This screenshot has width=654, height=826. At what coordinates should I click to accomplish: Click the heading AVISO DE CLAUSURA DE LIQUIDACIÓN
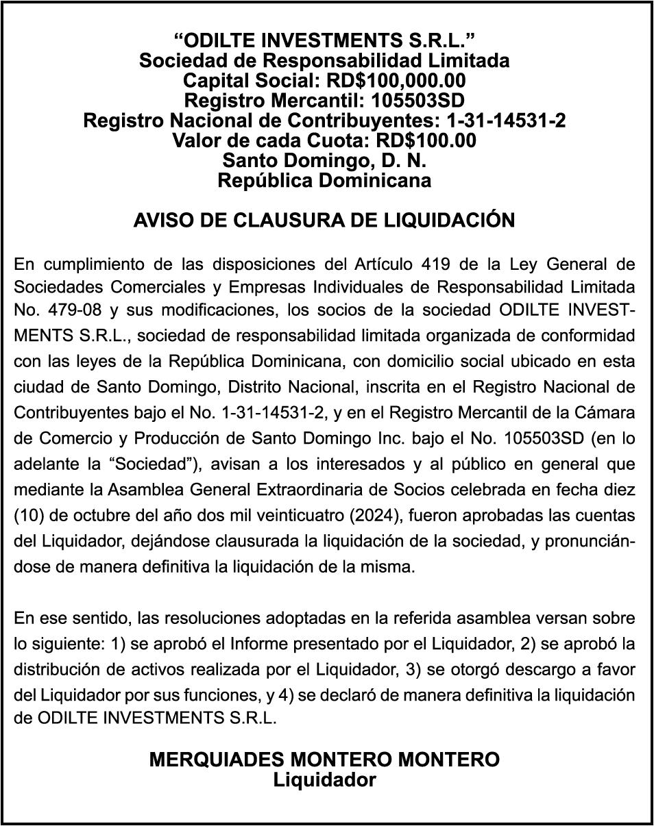point(324,221)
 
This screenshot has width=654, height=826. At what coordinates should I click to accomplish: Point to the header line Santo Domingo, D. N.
point(324,161)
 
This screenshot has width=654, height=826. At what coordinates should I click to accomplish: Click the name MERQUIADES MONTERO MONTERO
point(324,760)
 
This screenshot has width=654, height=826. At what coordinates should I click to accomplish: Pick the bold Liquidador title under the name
point(324,780)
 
